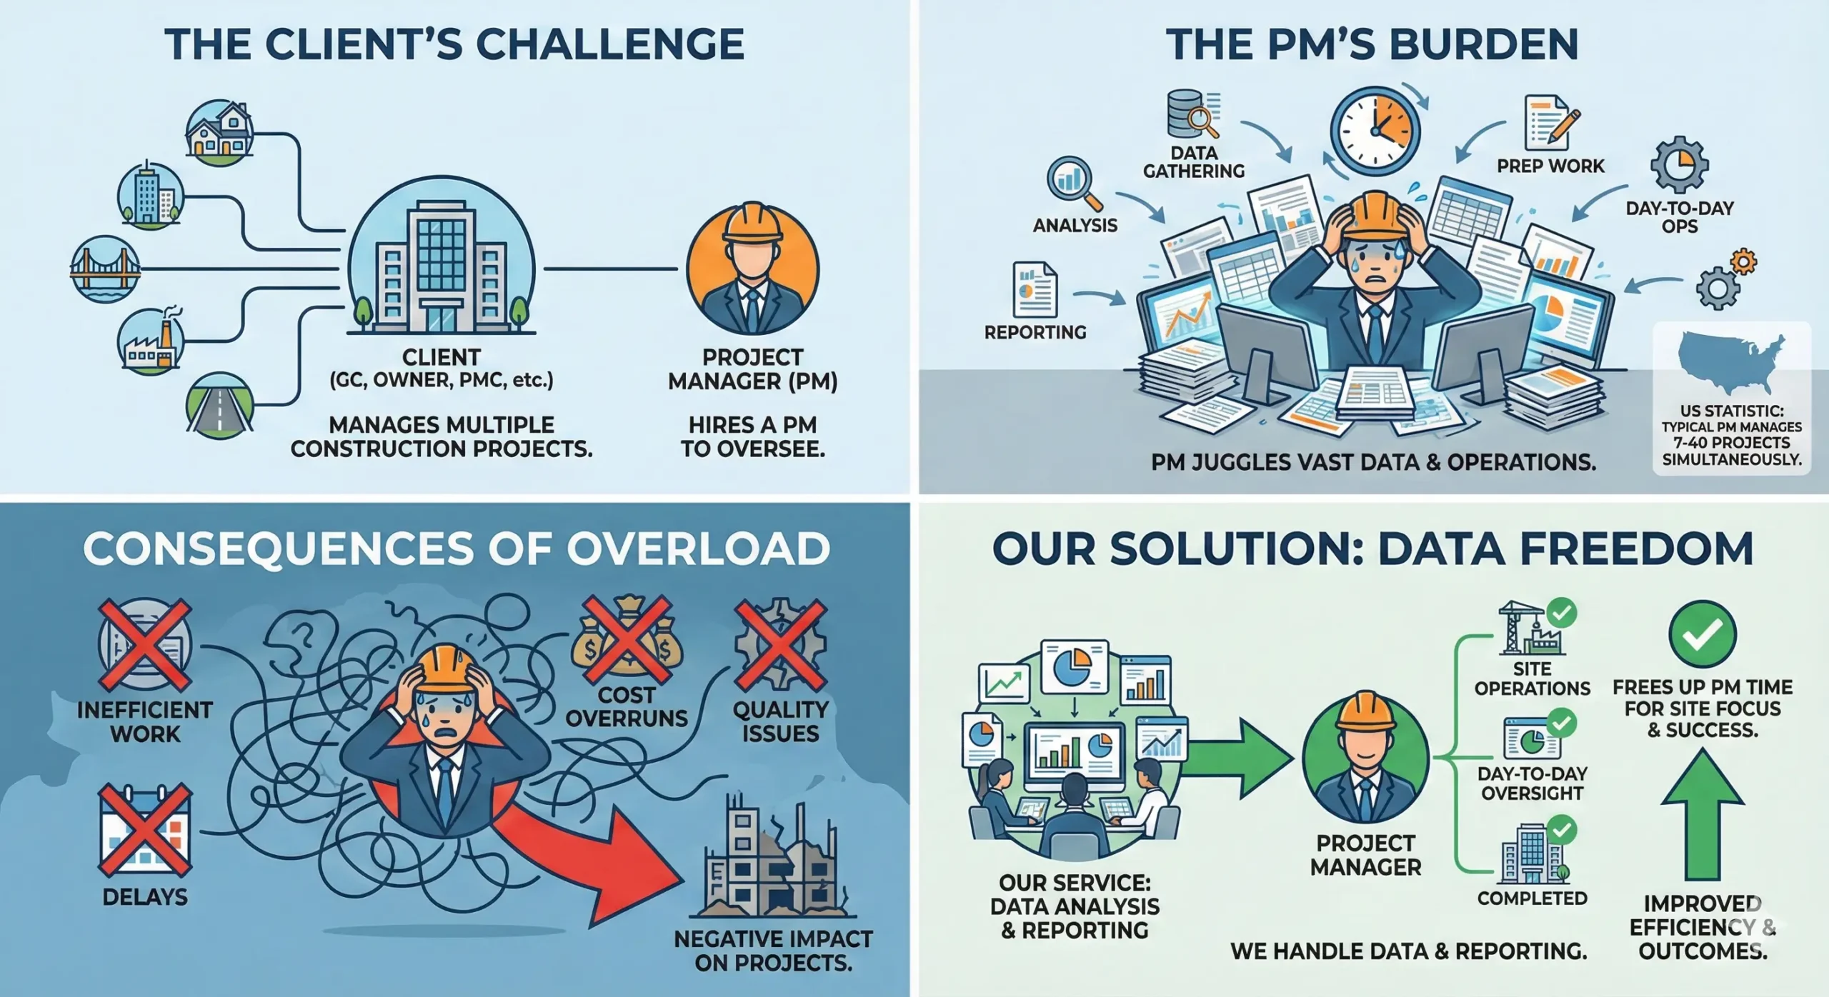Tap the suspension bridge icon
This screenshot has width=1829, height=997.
click(105, 269)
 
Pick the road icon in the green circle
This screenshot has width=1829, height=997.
click(219, 406)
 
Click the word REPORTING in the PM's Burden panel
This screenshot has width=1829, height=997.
click(1035, 332)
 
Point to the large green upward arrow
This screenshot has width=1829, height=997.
click(1703, 814)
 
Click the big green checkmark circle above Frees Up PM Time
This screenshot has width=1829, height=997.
click(1703, 633)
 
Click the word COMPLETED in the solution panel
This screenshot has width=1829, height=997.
click(1532, 898)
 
